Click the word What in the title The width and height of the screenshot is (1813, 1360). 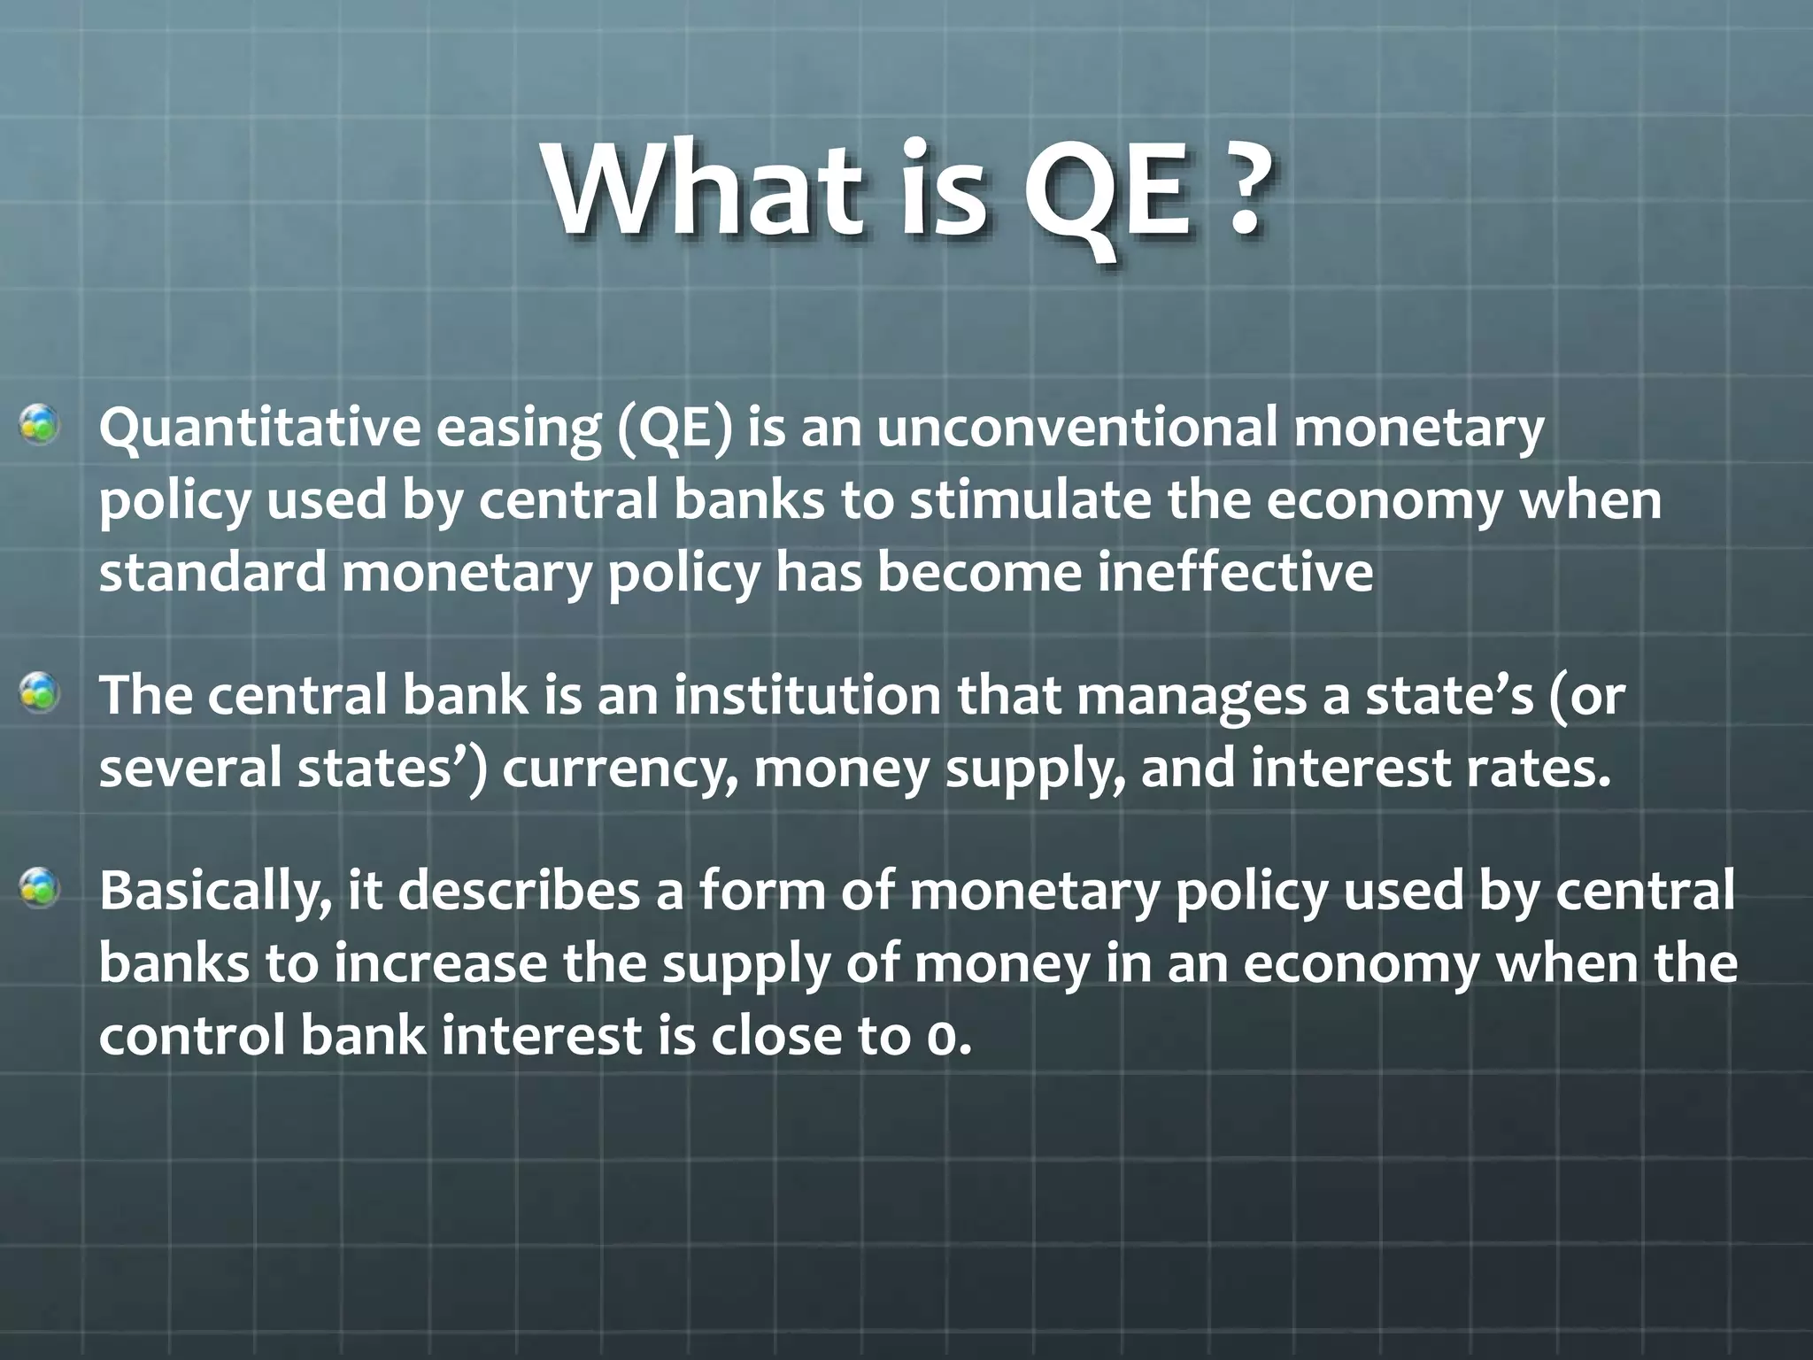pos(704,190)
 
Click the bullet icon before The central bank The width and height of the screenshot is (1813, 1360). pos(40,693)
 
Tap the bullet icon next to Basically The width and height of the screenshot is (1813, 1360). pos(40,888)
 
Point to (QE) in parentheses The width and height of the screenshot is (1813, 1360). pos(675,429)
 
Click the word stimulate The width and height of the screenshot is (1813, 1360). pos(1030,500)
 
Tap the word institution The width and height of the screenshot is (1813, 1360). pos(806,695)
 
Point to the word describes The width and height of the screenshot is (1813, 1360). pos(518,891)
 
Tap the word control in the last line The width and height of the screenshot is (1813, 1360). pos(191,1035)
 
